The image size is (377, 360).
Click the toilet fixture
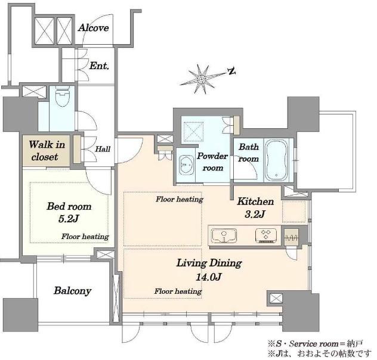click(62, 96)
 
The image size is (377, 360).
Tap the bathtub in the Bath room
click(276, 160)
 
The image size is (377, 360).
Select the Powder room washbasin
click(187, 165)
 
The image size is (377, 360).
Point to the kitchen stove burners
click(266, 235)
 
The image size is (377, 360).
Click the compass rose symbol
click(202, 79)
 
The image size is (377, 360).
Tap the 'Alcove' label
click(94, 28)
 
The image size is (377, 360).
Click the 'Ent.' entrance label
click(99, 66)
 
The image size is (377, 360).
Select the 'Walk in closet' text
click(47, 151)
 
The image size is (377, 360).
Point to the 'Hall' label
click(103, 149)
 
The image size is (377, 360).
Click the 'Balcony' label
click(72, 291)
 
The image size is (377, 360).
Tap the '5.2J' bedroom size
click(68, 219)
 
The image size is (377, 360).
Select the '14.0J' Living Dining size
click(208, 277)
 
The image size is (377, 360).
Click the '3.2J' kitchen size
click(255, 214)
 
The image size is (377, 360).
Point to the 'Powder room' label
click(212, 162)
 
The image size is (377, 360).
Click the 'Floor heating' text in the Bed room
click(85, 237)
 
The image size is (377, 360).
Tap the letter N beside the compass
click(231, 71)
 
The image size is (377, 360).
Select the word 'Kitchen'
click(255, 201)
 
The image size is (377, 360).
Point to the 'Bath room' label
click(249, 153)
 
